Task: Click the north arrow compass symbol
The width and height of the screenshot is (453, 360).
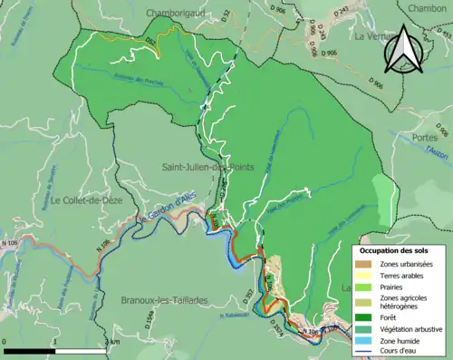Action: pyautogui.click(x=403, y=50)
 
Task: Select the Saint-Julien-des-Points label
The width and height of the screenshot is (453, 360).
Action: pyautogui.click(x=207, y=166)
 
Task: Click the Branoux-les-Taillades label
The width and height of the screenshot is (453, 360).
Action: pyautogui.click(x=164, y=299)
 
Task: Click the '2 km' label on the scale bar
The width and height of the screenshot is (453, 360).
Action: pyautogui.click(x=111, y=341)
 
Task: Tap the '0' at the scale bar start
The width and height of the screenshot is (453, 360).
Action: pyautogui.click(x=5, y=341)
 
